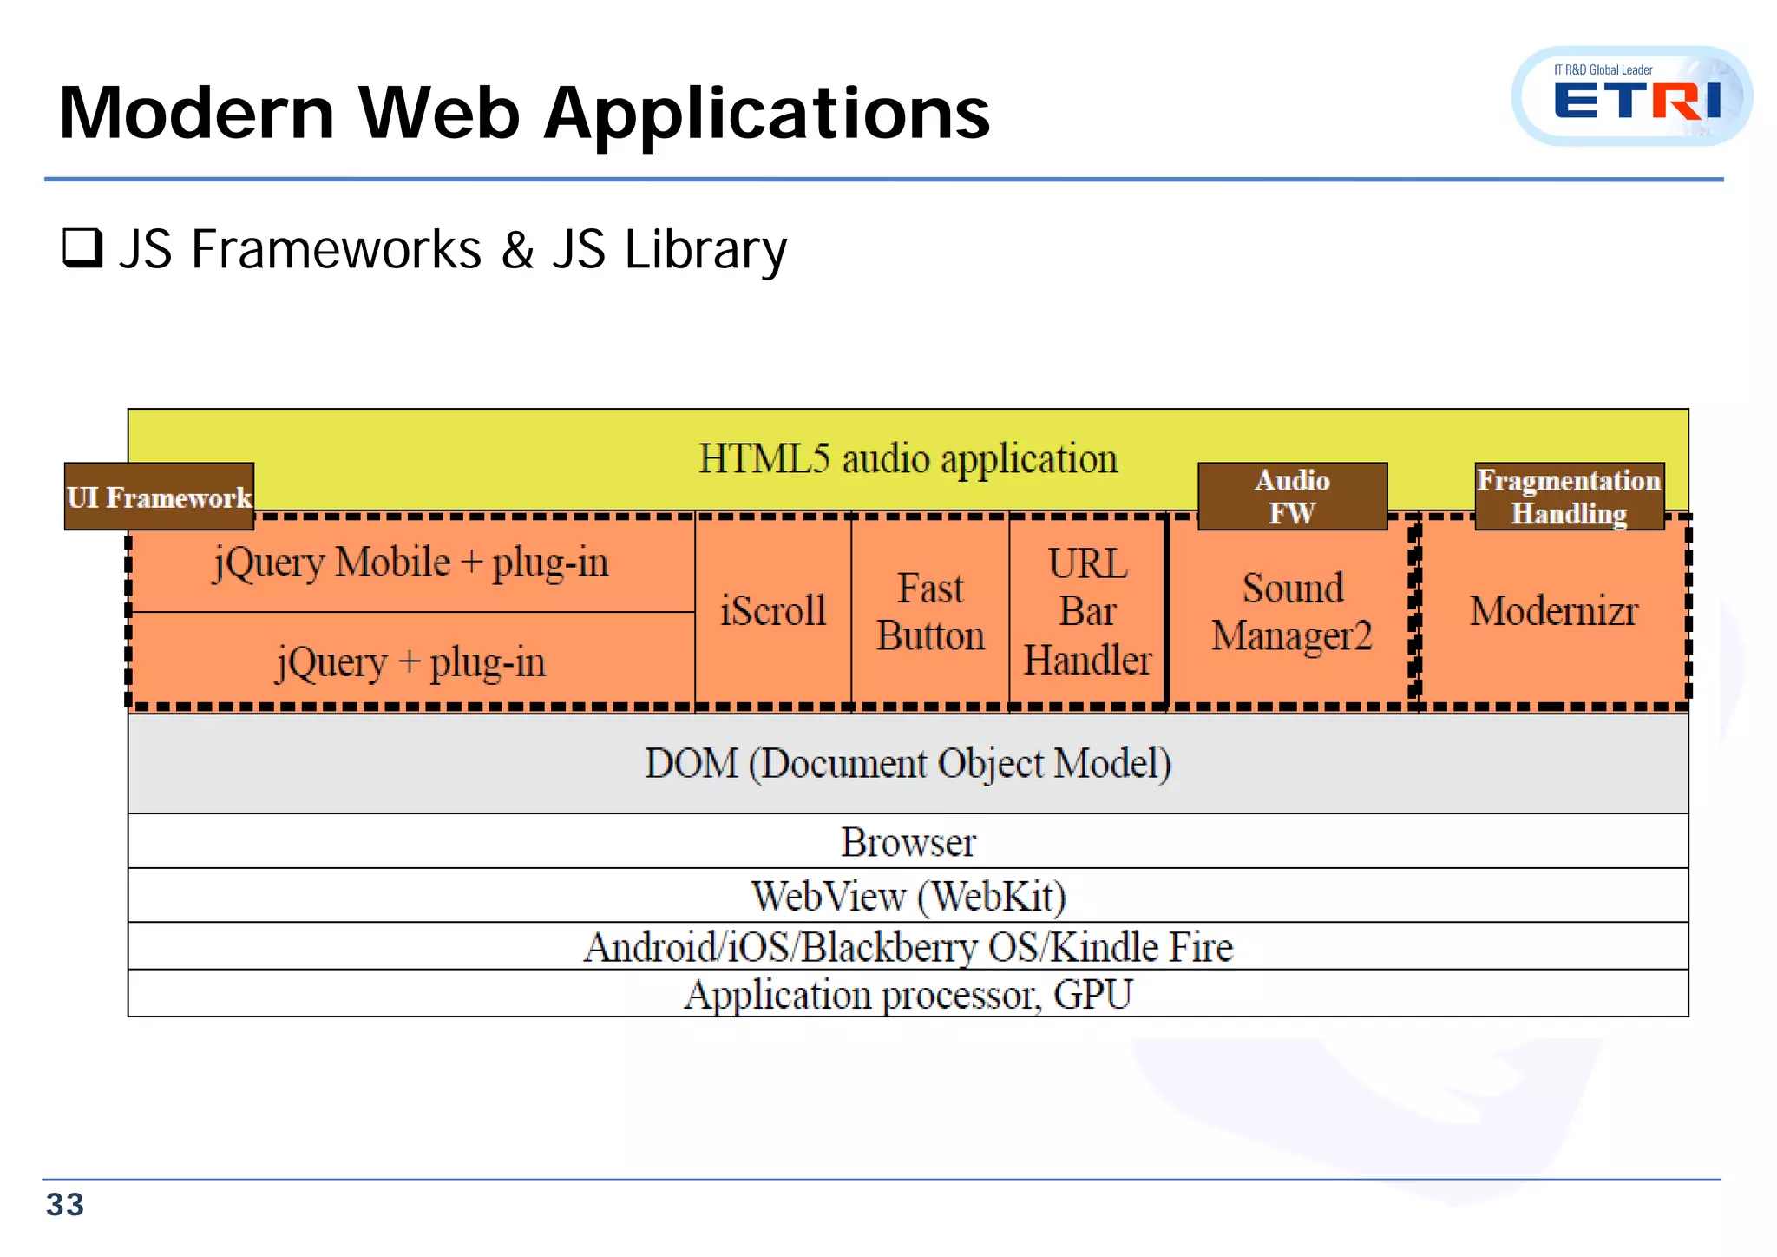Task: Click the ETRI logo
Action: [x=1633, y=97]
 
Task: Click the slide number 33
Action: [x=65, y=1205]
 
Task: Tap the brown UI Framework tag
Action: [x=160, y=497]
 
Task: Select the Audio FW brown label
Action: [x=1292, y=497]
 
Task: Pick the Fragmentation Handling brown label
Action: [x=1569, y=497]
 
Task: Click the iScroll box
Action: [x=773, y=611]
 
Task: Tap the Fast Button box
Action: [x=930, y=611]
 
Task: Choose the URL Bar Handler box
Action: [x=1087, y=611]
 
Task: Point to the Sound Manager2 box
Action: [x=1291, y=611]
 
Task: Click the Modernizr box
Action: [x=1553, y=611]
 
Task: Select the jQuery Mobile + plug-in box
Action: [x=411, y=563]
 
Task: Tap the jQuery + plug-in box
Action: [x=411, y=662]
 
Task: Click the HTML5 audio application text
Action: [x=908, y=458]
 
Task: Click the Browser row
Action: [x=908, y=842]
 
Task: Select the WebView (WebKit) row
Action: [x=908, y=896]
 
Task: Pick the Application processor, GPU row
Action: [x=908, y=994]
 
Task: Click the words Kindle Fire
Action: [x=1142, y=946]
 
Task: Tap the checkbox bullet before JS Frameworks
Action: [x=83, y=248]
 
